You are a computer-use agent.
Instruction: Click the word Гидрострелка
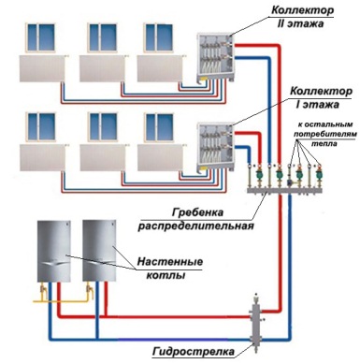coord(194,351)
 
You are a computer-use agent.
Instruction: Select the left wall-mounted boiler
coord(54,251)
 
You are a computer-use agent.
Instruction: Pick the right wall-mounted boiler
coord(99,251)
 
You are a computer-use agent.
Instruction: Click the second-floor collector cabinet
coord(215,57)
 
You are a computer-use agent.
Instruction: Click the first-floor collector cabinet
coord(215,147)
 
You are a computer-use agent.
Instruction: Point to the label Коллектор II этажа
coord(302,17)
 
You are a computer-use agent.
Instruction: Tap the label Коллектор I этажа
coord(321,97)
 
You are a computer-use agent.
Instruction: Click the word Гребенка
coord(197,212)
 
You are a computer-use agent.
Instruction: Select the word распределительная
coord(196,226)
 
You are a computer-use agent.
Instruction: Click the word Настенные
coord(170,261)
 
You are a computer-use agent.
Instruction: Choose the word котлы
coord(166,275)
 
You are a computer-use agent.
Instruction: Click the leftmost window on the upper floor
coord(41,36)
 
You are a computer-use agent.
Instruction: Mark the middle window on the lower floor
coord(103,127)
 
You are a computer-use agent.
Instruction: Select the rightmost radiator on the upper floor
coord(159,68)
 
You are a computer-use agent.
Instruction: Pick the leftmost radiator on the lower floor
coord(42,157)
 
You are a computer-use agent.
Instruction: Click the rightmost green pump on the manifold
coord(319,175)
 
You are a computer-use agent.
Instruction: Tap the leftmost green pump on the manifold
coord(259,175)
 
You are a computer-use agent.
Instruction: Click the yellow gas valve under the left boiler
coord(44,289)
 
